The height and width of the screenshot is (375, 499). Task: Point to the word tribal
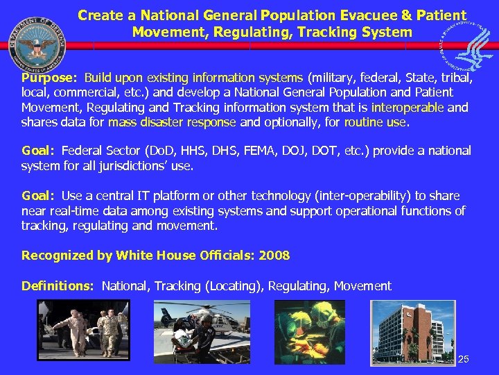(456, 78)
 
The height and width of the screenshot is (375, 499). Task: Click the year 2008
(274, 256)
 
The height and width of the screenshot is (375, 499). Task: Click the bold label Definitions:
(58, 286)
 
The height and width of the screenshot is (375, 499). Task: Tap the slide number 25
(464, 359)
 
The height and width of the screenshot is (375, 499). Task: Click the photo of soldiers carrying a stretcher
(83, 331)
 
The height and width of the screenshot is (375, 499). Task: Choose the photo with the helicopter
(211, 331)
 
